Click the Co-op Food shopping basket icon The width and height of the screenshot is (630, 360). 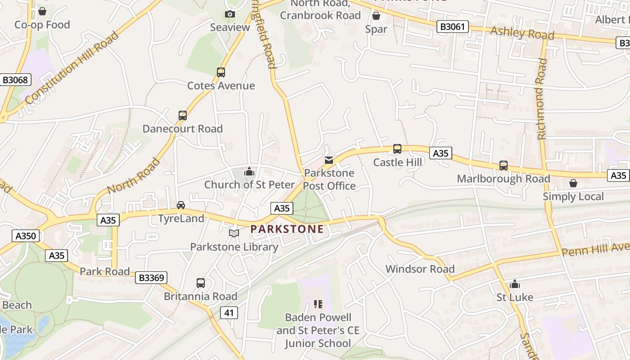[x=42, y=11]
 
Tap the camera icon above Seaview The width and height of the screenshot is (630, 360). [x=230, y=14]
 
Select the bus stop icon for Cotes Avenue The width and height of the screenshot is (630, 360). [x=221, y=72]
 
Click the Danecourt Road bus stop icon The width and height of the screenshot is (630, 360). [x=183, y=115]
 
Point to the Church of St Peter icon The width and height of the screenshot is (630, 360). [x=249, y=171]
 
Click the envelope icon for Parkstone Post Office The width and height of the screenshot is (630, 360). [x=329, y=160]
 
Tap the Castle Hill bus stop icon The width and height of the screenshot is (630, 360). [x=397, y=149]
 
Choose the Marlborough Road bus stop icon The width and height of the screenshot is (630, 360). [x=504, y=166]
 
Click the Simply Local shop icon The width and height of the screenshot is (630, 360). [x=573, y=183]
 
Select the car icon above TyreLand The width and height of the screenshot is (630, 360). [x=181, y=205]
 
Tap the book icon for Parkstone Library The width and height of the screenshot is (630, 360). [x=234, y=233]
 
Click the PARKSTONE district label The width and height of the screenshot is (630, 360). [x=287, y=229]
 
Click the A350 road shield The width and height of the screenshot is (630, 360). [x=26, y=236]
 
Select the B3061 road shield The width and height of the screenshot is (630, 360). [x=452, y=27]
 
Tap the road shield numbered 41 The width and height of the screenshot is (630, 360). [x=229, y=312]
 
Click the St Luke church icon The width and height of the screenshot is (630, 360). [x=515, y=284]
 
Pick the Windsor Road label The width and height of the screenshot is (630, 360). [x=420, y=269]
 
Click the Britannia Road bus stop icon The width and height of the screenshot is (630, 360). [x=201, y=283]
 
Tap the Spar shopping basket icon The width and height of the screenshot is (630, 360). [x=376, y=16]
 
